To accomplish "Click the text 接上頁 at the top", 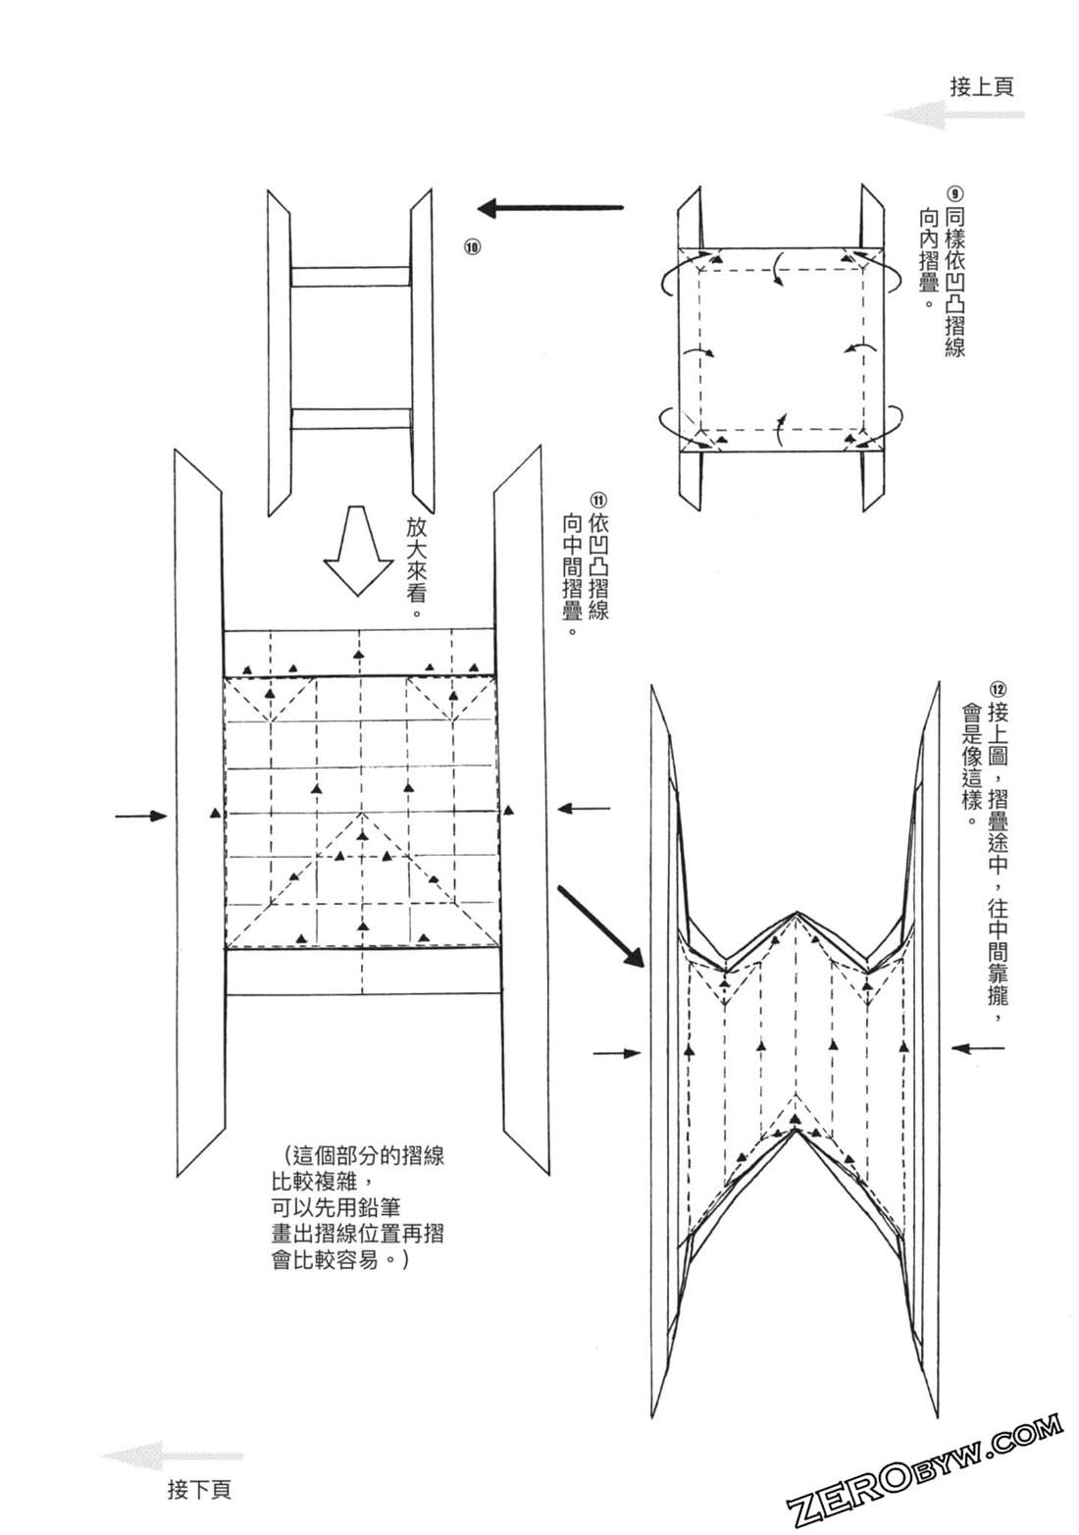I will point(982,85).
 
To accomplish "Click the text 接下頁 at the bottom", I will point(199,1490).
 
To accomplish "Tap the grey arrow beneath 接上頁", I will point(953,116).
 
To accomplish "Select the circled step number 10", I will point(472,247).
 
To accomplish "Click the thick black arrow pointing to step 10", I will point(550,207).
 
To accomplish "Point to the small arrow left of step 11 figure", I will point(141,816).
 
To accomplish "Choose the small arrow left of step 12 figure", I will point(618,1052).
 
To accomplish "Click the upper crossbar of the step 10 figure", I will point(350,276).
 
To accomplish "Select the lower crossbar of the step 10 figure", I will point(350,419).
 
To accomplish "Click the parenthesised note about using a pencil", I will point(357,1206).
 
